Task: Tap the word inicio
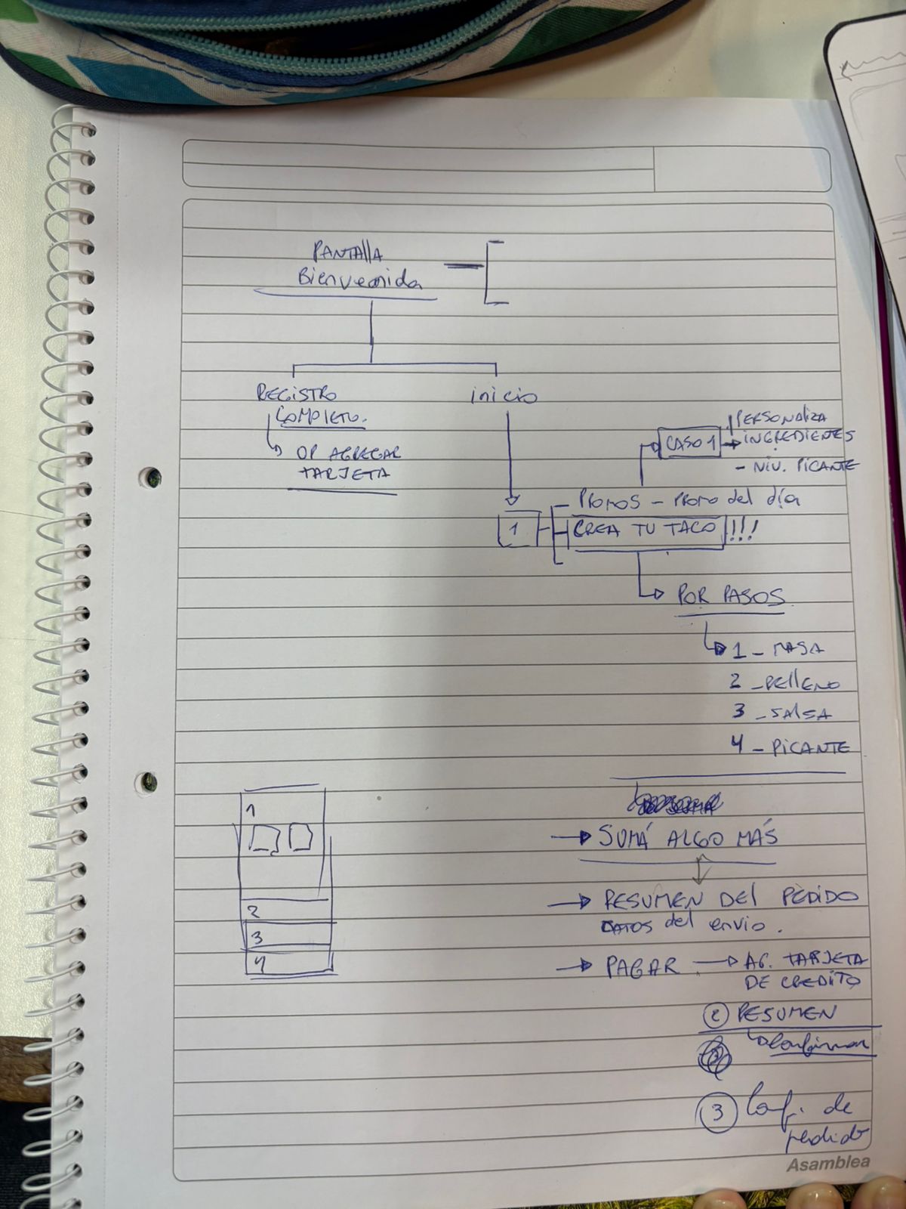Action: [504, 396]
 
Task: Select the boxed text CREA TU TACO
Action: [646, 529]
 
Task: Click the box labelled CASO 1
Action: [689, 443]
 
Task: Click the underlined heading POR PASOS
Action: [730, 596]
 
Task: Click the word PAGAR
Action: [642, 967]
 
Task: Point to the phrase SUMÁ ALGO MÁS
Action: [687, 836]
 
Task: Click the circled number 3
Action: [717, 1112]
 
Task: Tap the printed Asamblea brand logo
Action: [827, 1164]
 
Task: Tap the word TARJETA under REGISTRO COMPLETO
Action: [344, 475]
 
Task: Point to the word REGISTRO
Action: [296, 393]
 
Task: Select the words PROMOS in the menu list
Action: [609, 501]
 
